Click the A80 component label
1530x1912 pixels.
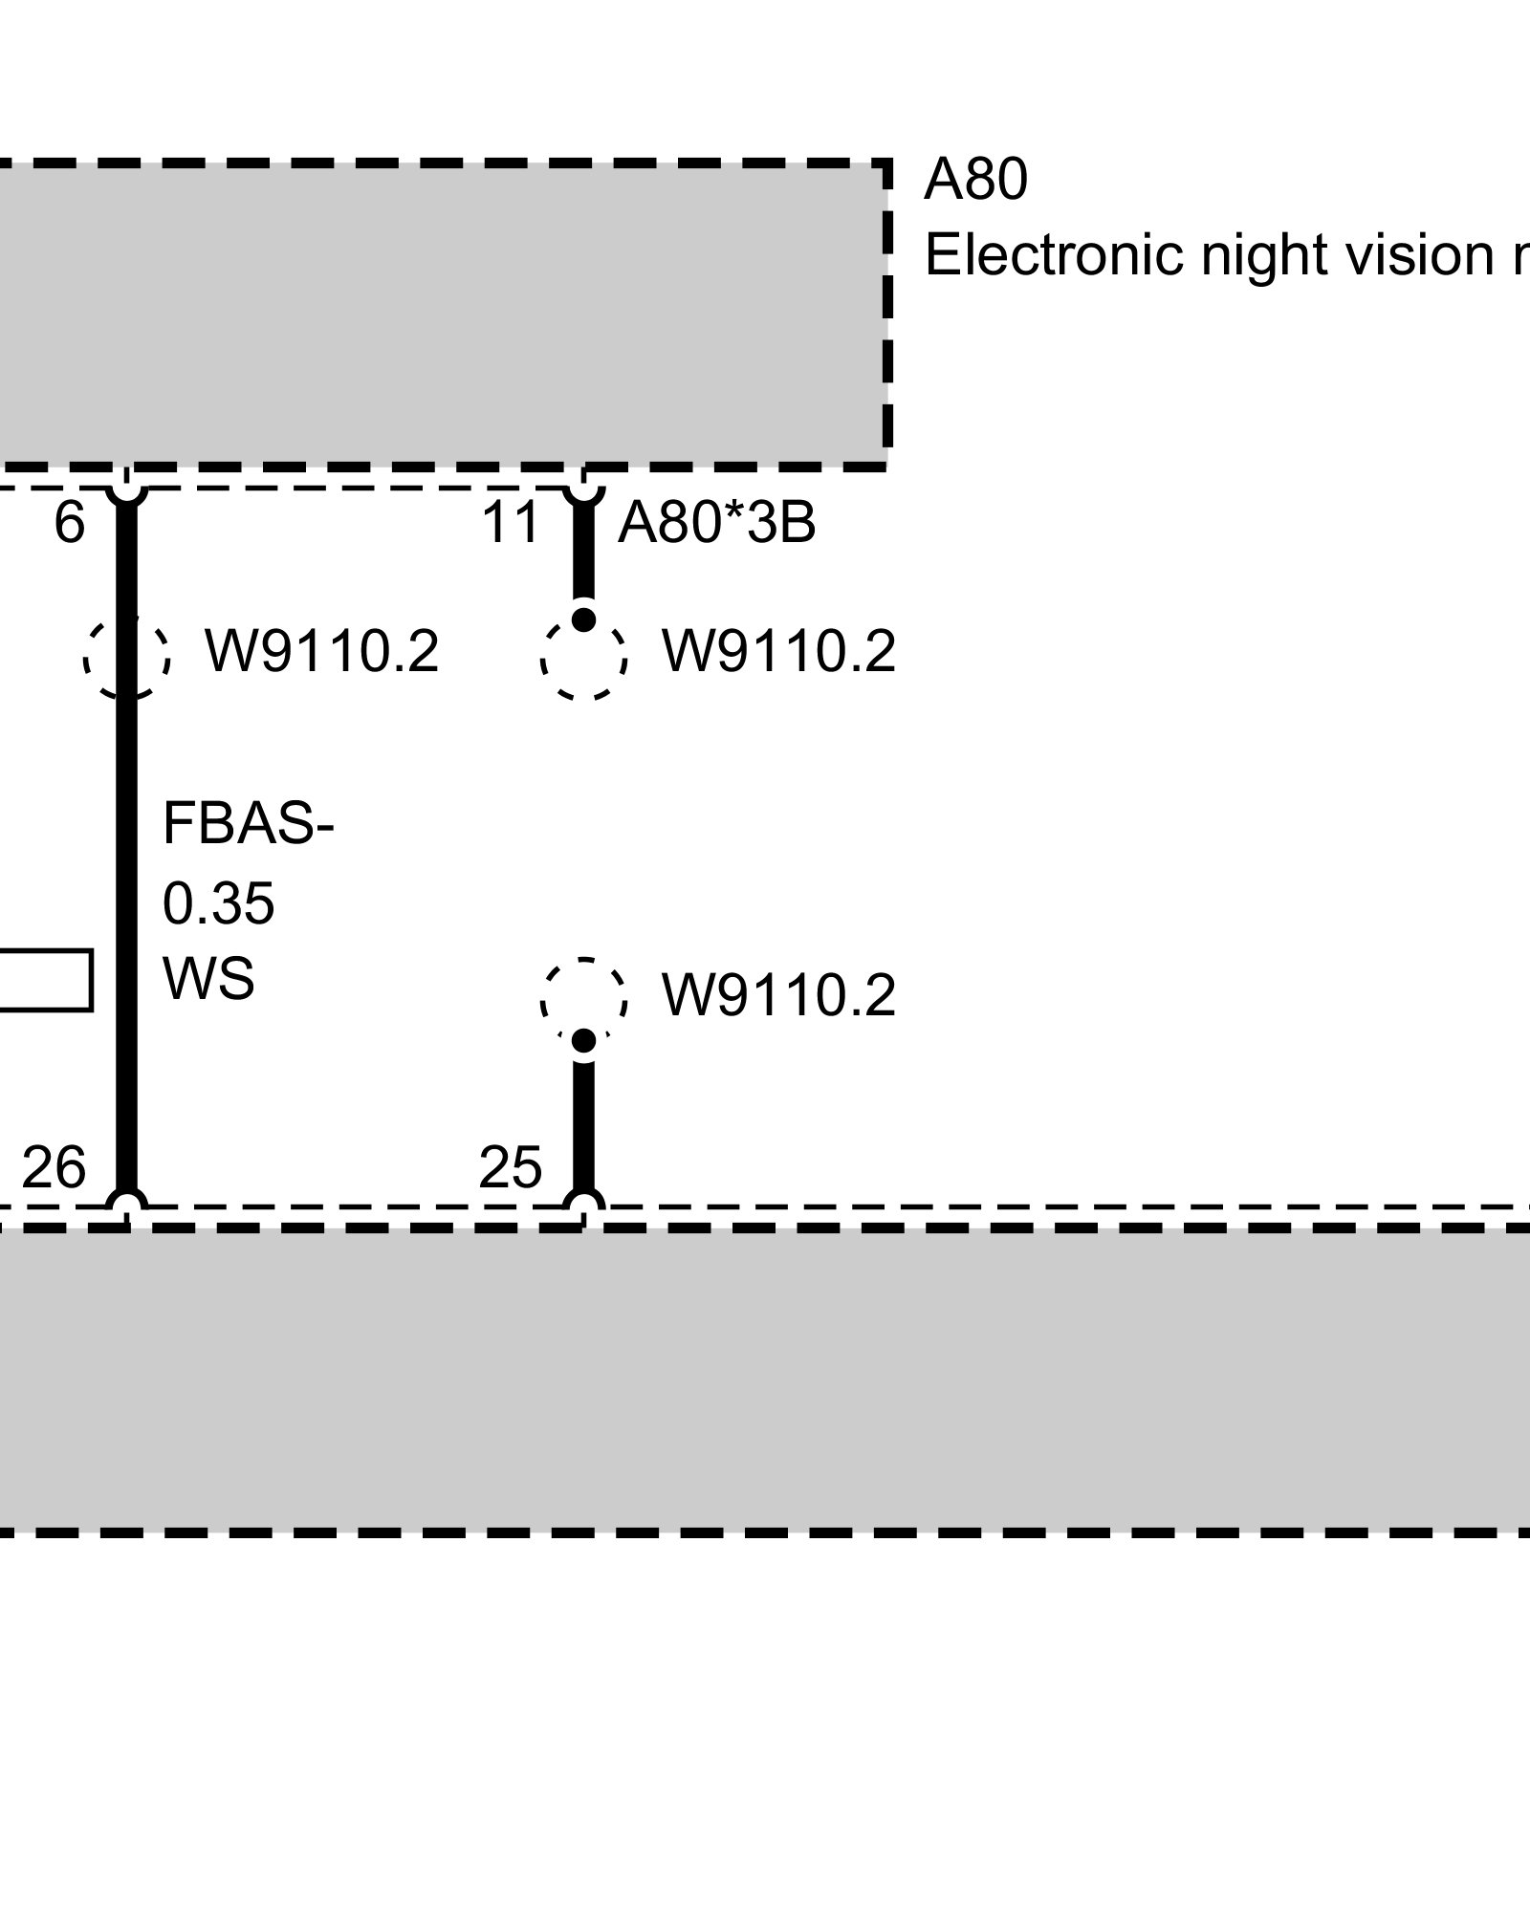pos(975,180)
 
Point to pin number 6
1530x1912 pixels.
pos(69,523)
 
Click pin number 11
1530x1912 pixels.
pos(510,523)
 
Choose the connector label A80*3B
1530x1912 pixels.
pos(716,523)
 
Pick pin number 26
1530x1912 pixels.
pos(54,1167)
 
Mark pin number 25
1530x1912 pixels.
pos(510,1167)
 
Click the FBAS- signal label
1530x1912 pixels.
pos(249,823)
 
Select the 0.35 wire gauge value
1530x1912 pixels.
pos(219,903)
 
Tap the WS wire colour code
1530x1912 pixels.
pos(208,979)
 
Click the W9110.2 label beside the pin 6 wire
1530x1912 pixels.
pos(321,652)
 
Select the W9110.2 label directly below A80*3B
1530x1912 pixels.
pos(778,652)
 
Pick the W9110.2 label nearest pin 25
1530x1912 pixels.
pos(778,996)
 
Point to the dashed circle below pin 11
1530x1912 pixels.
pos(583,660)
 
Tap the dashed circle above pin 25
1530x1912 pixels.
pos(583,1000)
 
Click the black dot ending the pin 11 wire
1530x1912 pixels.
pos(583,619)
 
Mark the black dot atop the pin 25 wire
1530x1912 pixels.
pos(583,1040)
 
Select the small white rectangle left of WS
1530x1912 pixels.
pos(44,980)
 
